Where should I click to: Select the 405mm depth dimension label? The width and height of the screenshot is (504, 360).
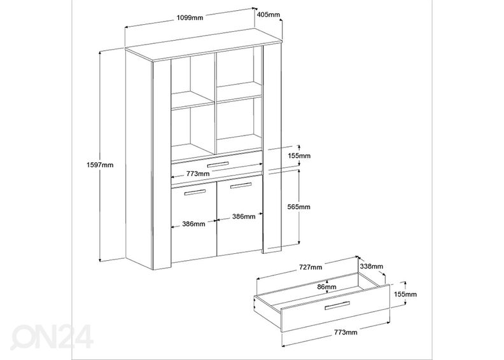point(268,14)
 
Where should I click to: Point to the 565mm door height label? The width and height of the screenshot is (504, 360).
point(298,207)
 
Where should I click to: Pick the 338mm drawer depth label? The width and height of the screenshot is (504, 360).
point(371,266)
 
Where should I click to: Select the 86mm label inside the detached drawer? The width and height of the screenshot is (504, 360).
point(326,287)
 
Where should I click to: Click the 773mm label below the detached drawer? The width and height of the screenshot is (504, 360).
point(344,331)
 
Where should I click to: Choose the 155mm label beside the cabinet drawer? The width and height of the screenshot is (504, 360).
point(298,156)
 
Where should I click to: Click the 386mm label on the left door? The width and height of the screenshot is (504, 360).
point(192,223)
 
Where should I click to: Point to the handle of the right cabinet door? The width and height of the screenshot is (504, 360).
point(241,185)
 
